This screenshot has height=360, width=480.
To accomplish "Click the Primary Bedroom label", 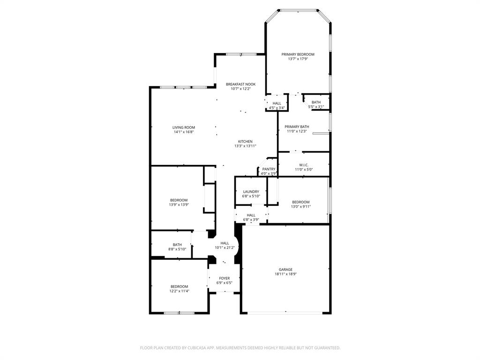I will tap(298, 54).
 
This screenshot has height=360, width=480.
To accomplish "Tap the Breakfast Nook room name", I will tap(240, 84).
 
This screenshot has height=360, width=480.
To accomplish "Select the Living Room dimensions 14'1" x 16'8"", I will tap(183, 132).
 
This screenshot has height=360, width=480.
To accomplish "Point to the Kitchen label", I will tap(245, 142).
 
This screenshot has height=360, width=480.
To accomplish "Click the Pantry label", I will tap(269, 169).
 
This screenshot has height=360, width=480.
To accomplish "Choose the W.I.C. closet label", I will tap(303, 165).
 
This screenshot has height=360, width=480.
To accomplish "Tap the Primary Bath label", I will tap(297, 127).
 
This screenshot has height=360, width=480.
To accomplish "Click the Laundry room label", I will tap(251, 192).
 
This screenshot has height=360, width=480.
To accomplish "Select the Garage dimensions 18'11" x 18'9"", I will tap(285, 274).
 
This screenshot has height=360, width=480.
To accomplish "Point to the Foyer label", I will tap(225, 278).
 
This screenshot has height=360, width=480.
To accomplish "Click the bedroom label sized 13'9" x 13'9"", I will tap(179, 200).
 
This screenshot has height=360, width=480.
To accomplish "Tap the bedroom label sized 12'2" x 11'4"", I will tap(179, 286).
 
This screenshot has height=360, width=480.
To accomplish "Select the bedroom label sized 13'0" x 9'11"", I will tap(300, 202).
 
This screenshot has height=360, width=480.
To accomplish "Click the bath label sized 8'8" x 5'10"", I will tap(177, 245).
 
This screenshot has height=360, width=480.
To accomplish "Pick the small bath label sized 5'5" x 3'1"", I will tap(316, 102).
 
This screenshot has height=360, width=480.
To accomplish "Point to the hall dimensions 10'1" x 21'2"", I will tap(225, 247).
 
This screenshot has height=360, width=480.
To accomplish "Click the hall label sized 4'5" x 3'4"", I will tap(277, 104).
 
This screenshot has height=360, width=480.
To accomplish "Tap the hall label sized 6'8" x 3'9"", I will tap(251, 215).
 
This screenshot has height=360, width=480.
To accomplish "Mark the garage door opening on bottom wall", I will tap(285, 312).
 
